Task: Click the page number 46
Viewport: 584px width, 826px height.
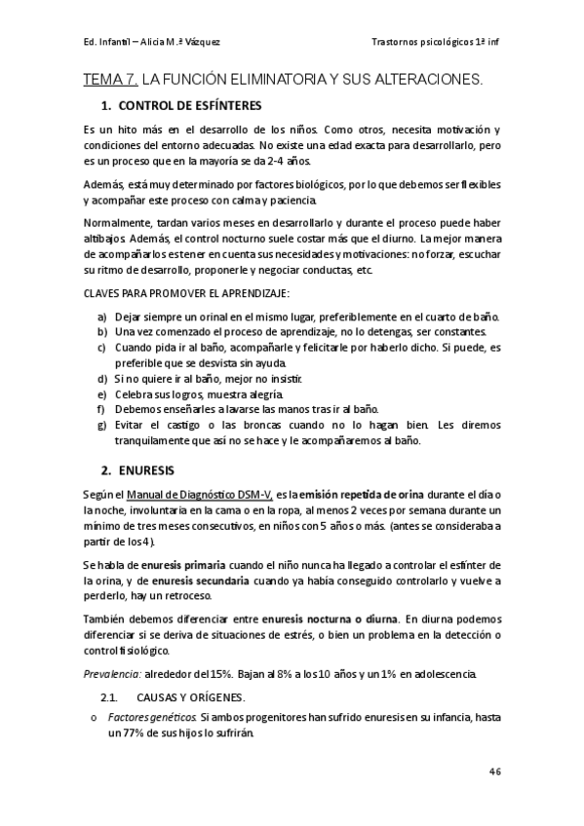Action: tap(494, 770)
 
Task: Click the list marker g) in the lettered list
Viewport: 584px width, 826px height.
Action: tap(101, 425)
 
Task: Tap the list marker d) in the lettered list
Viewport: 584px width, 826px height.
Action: tap(101, 378)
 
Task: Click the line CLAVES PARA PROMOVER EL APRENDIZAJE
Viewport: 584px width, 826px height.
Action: tap(185, 293)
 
